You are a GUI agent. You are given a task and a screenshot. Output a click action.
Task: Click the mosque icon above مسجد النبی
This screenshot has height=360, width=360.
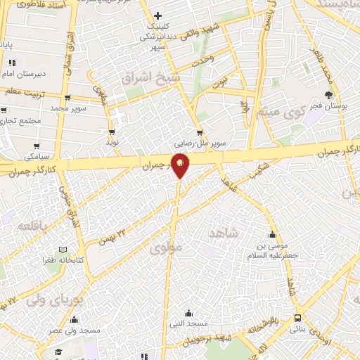(x=188, y=313)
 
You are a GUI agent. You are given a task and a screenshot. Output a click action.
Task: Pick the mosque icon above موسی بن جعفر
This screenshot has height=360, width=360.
(x=273, y=235)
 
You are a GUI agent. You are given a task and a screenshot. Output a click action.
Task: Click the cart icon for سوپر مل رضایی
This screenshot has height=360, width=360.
(x=200, y=132)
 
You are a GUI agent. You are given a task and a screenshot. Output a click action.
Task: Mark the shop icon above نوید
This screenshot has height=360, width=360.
(x=111, y=131)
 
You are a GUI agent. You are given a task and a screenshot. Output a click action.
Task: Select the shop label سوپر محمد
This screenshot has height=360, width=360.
(x=67, y=109)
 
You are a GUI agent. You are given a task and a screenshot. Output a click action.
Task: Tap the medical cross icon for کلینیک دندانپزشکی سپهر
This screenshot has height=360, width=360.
(x=157, y=15)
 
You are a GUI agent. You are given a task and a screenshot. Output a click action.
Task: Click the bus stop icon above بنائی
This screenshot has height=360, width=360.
(x=297, y=319)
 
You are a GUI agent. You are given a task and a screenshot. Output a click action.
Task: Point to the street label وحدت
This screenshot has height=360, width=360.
(x=205, y=61)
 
